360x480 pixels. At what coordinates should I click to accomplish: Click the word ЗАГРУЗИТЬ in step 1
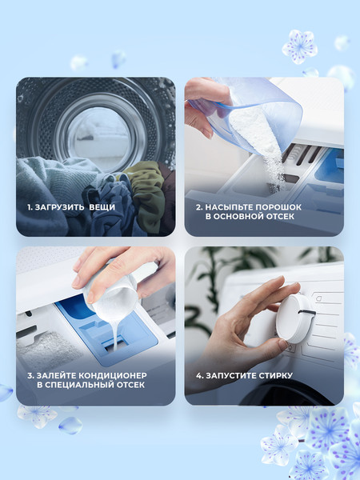coord(60,207)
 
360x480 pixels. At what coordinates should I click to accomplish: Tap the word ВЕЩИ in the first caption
coord(102,207)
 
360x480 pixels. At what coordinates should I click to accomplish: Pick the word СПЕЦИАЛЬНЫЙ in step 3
coord(81,385)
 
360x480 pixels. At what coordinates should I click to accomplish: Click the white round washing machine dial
coord(294,318)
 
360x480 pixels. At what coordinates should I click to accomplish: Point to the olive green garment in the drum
coord(146,193)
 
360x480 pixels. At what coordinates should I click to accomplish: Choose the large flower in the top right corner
coord(300,46)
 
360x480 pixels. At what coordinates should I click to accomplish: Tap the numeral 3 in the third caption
coord(30,375)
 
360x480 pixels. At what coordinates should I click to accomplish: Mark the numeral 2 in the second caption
coord(198,207)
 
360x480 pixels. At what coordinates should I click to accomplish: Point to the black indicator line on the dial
coord(307,312)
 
